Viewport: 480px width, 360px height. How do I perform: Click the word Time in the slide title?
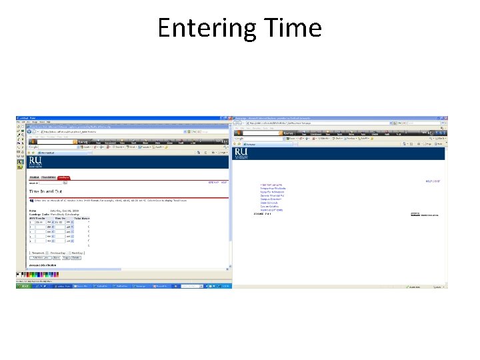pos(293,28)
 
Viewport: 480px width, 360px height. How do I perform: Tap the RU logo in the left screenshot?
pos(35,161)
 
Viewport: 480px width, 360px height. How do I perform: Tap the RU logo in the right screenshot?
pos(241,154)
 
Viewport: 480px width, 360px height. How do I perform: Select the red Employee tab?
pos(63,177)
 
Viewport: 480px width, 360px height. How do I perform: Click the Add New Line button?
pos(39,257)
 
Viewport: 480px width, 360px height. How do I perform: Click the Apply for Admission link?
pos(271,191)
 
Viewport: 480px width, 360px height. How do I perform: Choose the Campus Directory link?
pos(271,199)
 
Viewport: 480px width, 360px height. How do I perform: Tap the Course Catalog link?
pos(269,207)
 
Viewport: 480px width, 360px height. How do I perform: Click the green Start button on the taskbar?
pos(24,287)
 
